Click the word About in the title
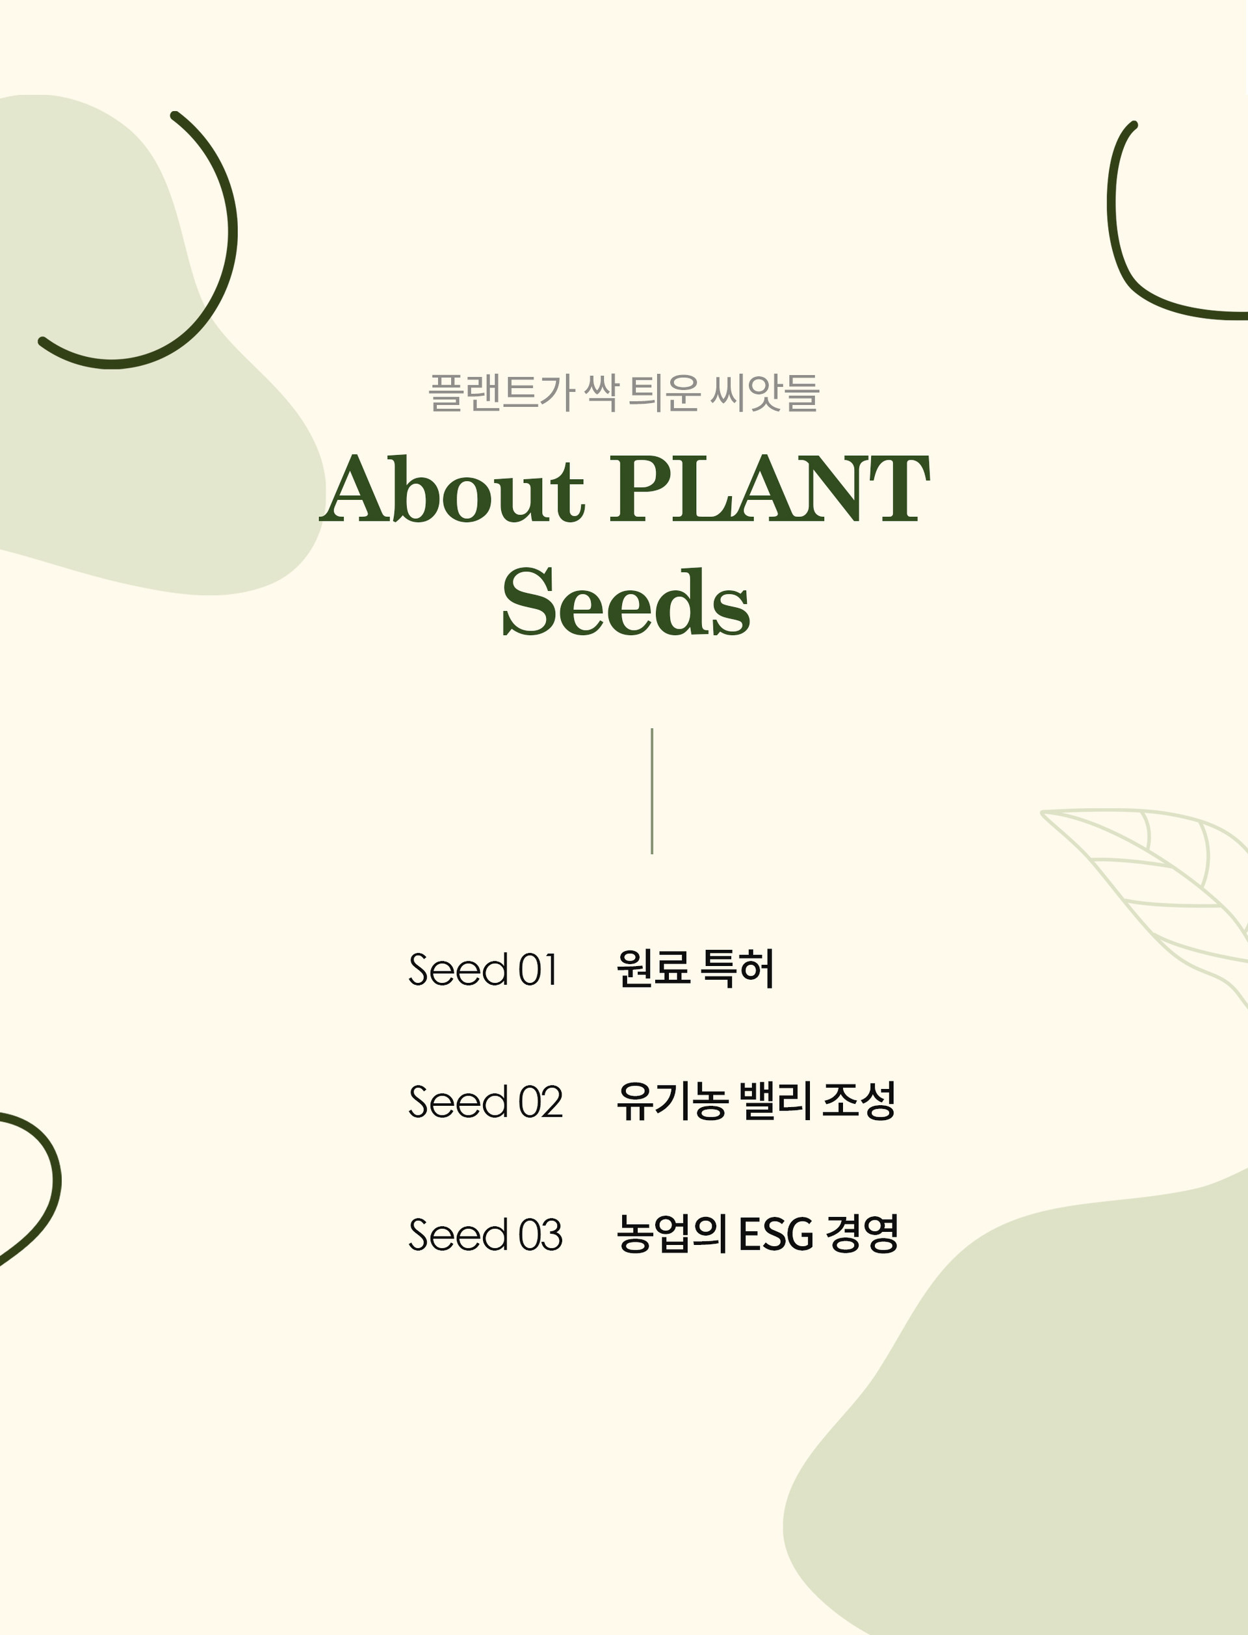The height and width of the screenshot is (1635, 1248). pos(453,488)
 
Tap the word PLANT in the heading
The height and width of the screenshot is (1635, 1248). pos(770,488)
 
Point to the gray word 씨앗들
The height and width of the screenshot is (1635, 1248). pos(764,392)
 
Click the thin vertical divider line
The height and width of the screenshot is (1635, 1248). pos(651,791)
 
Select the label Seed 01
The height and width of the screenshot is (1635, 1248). pos(483,969)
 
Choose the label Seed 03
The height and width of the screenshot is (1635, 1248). pos(486,1235)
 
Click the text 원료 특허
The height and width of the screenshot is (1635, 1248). pos(695,969)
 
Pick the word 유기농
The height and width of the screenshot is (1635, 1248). pos(671,1101)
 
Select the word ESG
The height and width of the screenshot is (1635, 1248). pos(775,1235)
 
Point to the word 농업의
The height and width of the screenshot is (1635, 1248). pos(671,1235)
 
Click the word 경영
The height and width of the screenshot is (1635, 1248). pos(862,1235)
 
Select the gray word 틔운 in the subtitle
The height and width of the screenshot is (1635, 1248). pos(664,392)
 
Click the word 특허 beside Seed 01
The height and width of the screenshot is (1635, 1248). pos(738,969)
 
